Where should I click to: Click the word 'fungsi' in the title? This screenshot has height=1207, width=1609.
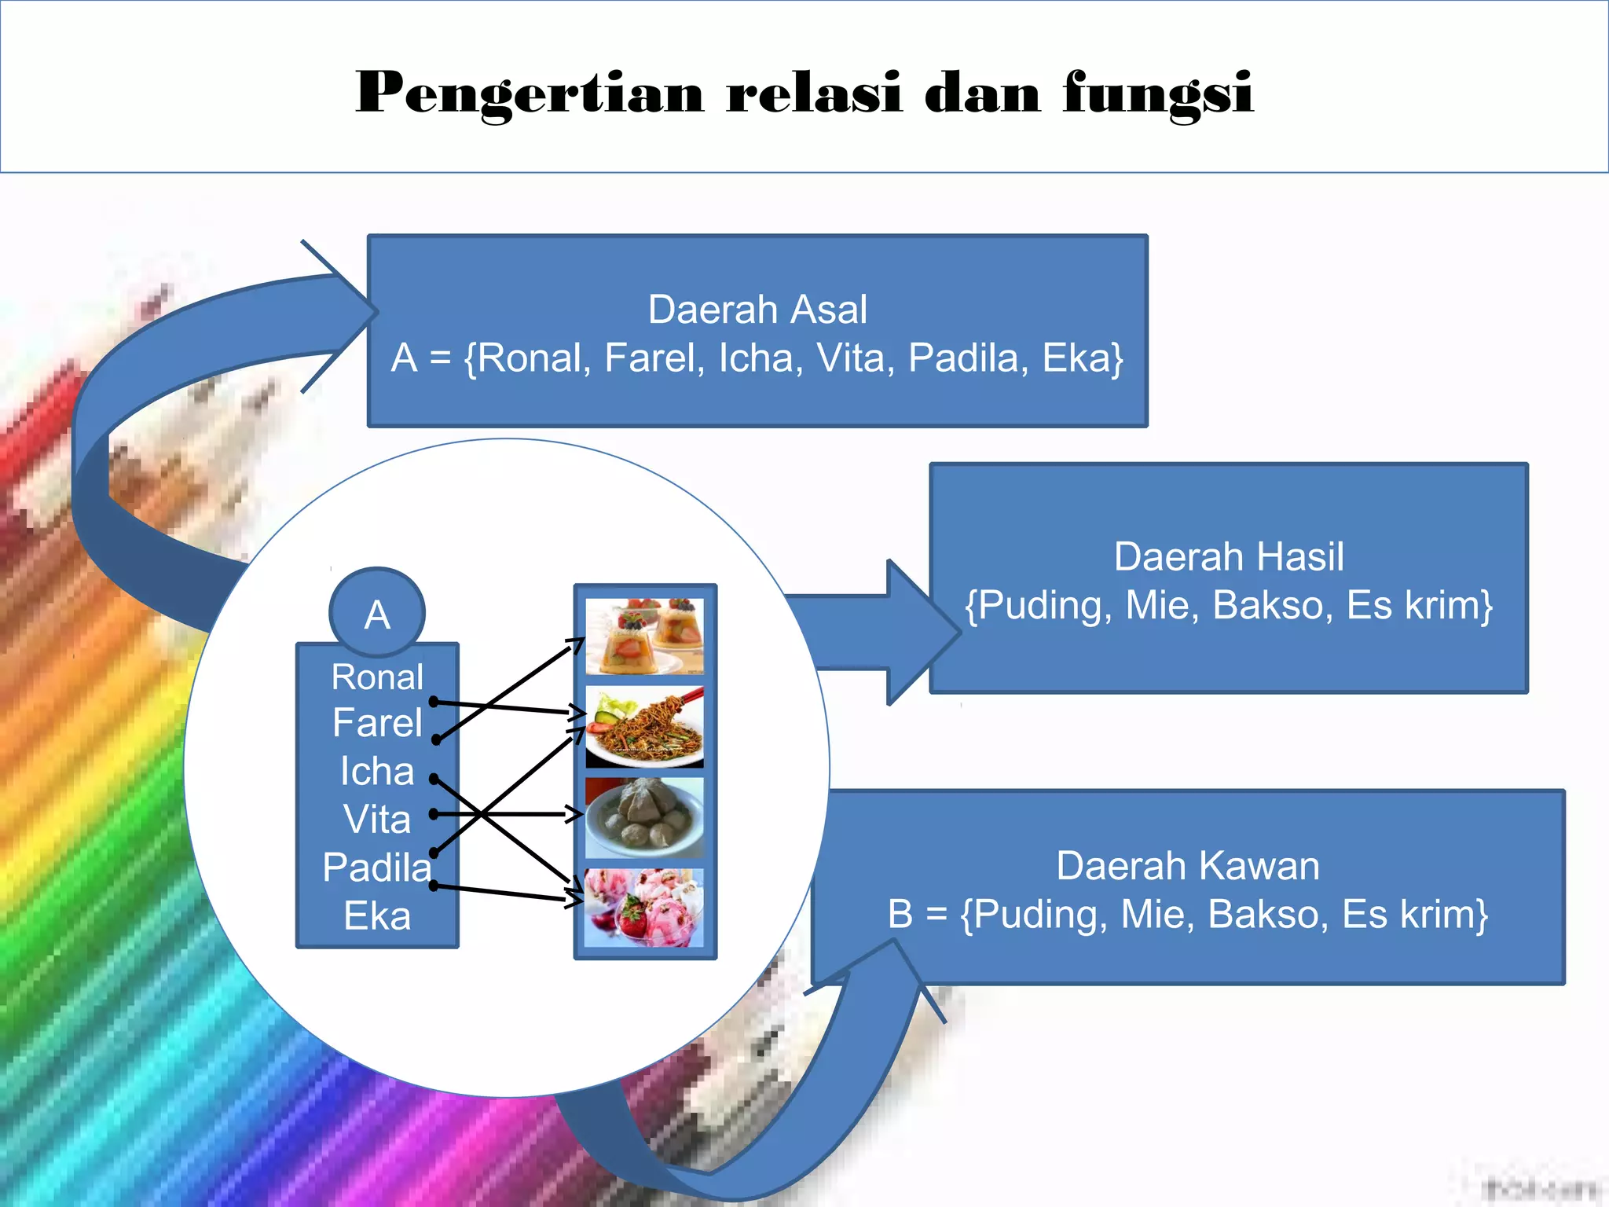[1157, 93]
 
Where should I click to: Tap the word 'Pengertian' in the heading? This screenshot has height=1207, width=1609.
[530, 93]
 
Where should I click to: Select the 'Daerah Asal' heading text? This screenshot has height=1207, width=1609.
[757, 309]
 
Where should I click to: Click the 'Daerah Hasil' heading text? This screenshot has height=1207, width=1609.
[1229, 556]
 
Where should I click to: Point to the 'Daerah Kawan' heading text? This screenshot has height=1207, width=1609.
[1187, 865]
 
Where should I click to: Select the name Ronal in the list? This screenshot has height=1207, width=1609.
[377, 677]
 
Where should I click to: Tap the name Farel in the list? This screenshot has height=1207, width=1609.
[377, 723]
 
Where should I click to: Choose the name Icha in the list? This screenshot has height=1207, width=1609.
[377, 771]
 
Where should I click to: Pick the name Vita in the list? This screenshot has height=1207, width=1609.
[377, 820]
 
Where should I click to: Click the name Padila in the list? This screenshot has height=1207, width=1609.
[377, 868]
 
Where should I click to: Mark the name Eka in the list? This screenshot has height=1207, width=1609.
[377, 915]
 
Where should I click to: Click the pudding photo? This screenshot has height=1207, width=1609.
[645, 637]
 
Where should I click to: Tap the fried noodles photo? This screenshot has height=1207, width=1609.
[645, 727]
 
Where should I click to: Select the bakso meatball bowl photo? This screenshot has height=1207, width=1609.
[645, 818]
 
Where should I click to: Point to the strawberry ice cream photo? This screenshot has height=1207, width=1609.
[645, 908]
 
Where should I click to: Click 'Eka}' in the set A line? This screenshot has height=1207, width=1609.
[1083, 358]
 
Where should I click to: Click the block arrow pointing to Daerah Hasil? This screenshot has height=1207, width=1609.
[880, 633]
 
